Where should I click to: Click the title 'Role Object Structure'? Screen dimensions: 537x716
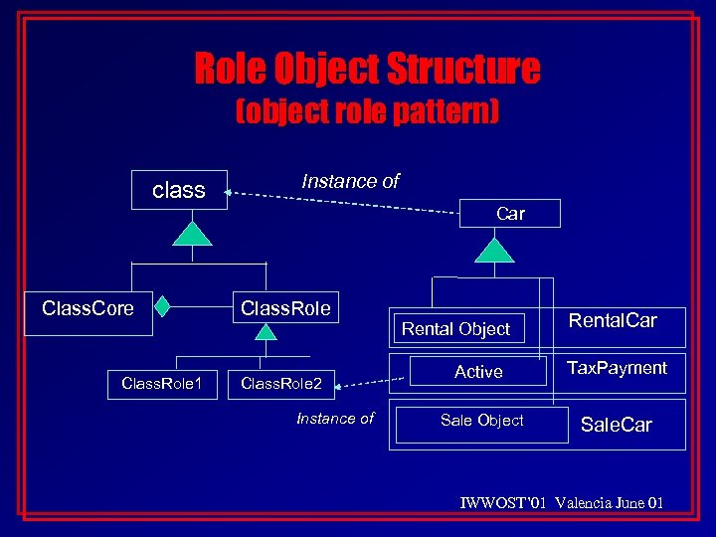click(x=367, y=70)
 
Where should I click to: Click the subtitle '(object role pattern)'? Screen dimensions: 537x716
click(x=367, y=112)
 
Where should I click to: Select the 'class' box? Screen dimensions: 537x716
click(x=179, y=189)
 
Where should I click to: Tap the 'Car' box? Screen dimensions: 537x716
click(x=510, y=213)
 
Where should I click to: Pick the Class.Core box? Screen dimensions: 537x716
click(x=89, y=309)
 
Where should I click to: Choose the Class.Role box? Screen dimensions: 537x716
click(x=285, y=309)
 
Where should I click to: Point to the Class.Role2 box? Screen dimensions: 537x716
click(x=281, y=382)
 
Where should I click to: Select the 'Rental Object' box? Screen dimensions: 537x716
click(x=455, y=328)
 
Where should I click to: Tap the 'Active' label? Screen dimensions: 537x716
click(x=478, y=372)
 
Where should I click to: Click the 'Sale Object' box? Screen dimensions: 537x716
click(x=481, y=421)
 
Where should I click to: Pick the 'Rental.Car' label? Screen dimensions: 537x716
click(x=613, y=320)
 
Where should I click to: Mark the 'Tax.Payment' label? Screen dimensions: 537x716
click(x=617, y=368)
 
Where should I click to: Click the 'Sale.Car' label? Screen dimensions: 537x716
click(x=617, y=426)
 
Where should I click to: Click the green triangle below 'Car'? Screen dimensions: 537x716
click(x=493, y=249)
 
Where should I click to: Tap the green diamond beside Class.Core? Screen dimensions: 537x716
click(x=161, y=307)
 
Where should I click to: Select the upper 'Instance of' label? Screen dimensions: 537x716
click(x=350, y=181)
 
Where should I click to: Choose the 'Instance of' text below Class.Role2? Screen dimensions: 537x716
click(x=335, y=419)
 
